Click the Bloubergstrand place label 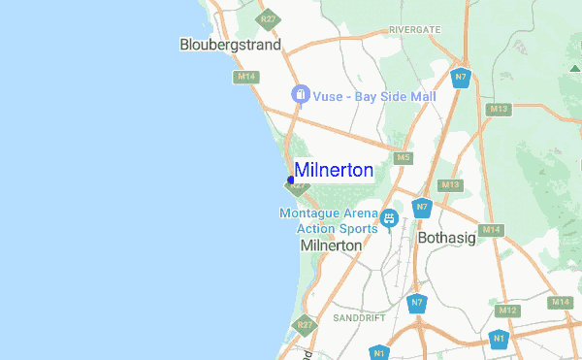click(231, 45)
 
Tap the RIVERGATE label click(414, 30)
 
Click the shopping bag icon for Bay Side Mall click(301, 94)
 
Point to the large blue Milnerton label click(334, 171)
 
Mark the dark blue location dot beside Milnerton click(291, 180)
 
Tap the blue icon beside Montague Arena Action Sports click(389, 218)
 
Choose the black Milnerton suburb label click(332, 246)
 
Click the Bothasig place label click(449, 238)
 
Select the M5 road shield click(402, 157)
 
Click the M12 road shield click(506, 311)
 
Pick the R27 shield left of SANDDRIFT click(306, 325)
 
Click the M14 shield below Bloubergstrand click(243, 76)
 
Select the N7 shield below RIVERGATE click(461, 78)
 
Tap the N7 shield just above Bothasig click(422, 208)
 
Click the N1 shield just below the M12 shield click(499, 339)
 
